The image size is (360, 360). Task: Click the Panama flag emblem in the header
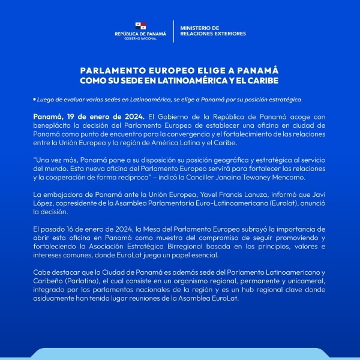click(140, 26)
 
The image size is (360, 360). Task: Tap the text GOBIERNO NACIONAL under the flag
click(140, 38)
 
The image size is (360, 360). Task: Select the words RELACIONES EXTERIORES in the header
click(212, 34)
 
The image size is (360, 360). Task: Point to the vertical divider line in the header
click(173, 31)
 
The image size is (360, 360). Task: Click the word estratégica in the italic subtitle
click(283, 99)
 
